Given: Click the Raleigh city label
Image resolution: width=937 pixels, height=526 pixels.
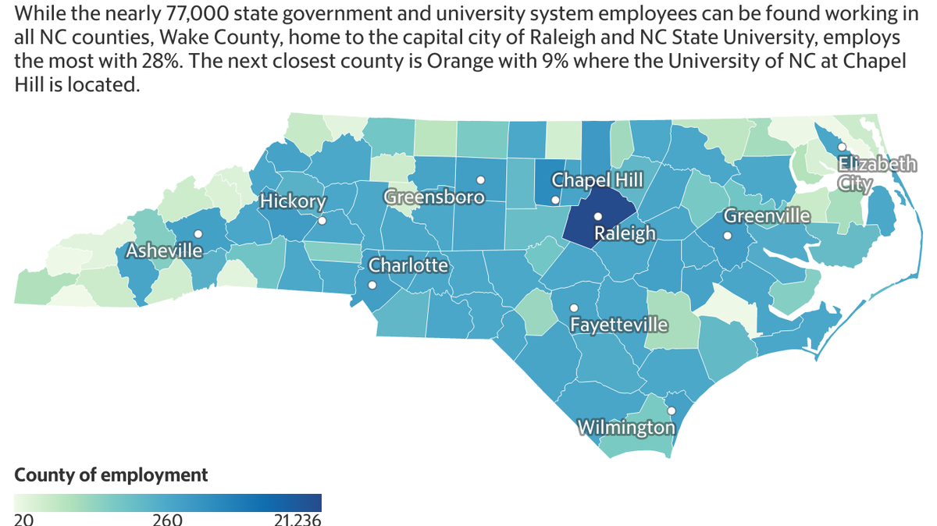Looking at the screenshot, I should [625, 233].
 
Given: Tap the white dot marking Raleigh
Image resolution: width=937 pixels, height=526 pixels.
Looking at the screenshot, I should [597, 217].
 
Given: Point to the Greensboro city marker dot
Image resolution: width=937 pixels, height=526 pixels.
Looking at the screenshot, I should [481, 179].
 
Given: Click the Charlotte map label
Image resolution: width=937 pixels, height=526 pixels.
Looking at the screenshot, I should [408, 265].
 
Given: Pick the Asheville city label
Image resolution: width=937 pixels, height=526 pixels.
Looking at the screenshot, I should [164, 251].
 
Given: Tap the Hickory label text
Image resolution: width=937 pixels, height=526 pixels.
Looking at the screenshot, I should [293, 201].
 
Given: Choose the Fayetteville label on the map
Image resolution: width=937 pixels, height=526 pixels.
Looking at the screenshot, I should [618, 324].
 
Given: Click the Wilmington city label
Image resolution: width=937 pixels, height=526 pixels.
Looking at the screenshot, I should [626, 428].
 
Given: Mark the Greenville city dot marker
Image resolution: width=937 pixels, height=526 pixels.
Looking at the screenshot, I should [727, 236].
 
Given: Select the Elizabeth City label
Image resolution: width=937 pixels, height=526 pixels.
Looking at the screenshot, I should [877, 173].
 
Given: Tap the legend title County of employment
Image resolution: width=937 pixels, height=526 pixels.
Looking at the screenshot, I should [112, 474].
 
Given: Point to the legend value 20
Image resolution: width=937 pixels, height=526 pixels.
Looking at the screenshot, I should [23, 520].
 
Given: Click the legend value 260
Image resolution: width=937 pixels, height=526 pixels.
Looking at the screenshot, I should [167, 520].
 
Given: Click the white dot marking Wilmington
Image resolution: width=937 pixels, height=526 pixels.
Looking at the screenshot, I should [671, 410].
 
